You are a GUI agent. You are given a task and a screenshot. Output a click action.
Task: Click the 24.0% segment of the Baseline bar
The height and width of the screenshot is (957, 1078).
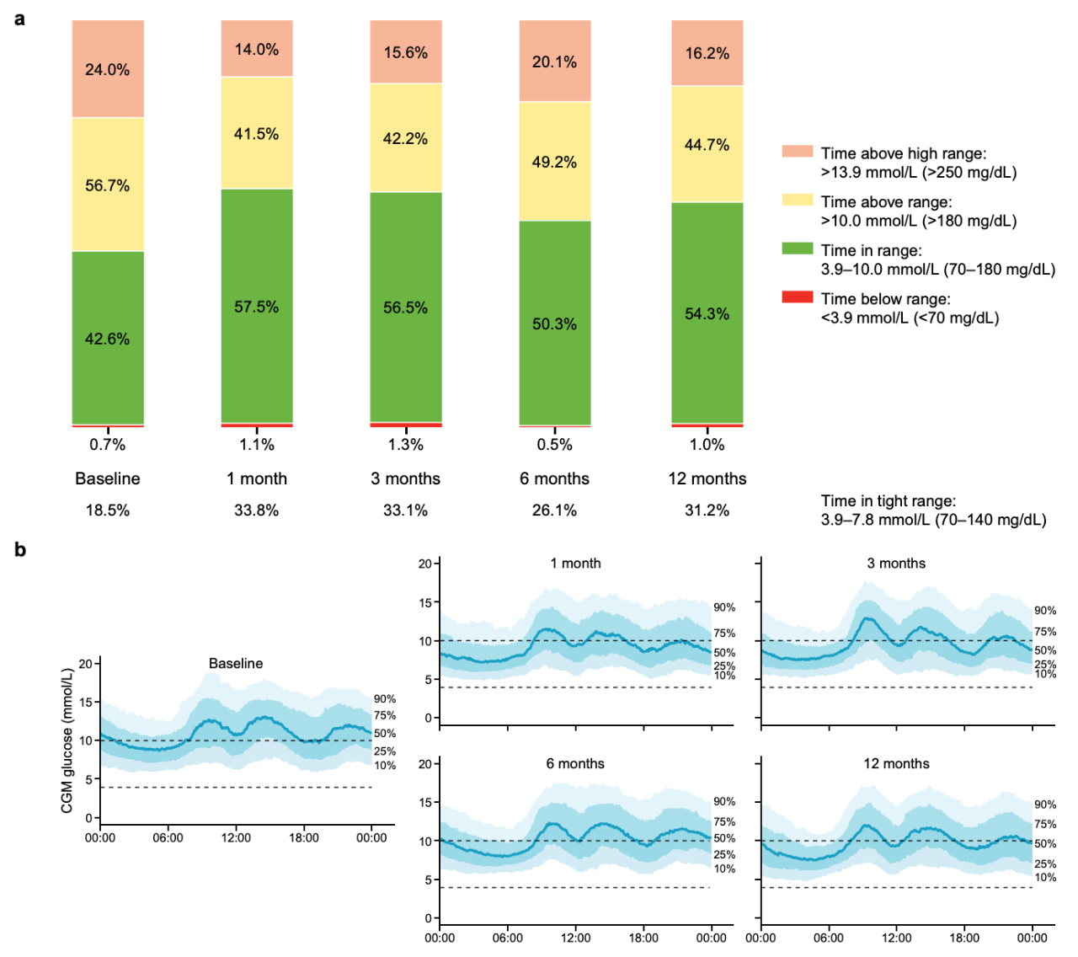pyautogui.click(x=108, y=69)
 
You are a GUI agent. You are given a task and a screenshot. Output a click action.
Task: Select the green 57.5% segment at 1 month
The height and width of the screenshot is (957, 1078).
pyautogui.click(x=257, y=307)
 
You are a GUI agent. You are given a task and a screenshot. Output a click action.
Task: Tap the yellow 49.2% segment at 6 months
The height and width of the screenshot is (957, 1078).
pyautogui.click(x=554, y=162)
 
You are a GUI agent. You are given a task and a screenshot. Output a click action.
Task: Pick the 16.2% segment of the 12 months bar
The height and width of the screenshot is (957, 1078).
pyautogui.click(x=707, y=53)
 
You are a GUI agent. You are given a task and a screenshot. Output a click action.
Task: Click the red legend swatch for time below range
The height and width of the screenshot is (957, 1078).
pyautogui.click(x=797, y=297)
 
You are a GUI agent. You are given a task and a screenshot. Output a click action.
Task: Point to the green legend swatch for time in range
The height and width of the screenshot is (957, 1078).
pyautogui.click(x=797, y=249)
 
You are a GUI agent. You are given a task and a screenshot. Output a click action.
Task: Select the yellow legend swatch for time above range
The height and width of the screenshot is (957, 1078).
pyautogui.click(x=797, y=200)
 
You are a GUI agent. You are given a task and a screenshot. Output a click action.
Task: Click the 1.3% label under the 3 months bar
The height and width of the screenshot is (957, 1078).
pyautogui.click(x=406, y=445)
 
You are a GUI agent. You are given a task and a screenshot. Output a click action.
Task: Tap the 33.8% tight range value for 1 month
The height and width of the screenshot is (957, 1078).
pyautogui.click(x=257, y=511)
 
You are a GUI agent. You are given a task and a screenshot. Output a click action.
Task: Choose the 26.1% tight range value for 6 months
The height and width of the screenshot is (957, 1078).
pyautogui.click(x=554, y=511)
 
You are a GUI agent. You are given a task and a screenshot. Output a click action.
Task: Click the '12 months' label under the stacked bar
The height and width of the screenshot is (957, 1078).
pyautogui.click(x=707, y=478)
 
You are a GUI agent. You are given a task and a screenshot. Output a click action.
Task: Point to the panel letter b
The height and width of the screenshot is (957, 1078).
pyautogui.click(x=20, y=550)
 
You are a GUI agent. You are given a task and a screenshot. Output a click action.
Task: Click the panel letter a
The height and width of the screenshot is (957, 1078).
pyautogui.click(x=19, y=18)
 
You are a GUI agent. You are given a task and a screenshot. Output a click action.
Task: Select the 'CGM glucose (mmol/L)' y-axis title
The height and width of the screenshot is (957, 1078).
pyautogui.click(x=67, y=740)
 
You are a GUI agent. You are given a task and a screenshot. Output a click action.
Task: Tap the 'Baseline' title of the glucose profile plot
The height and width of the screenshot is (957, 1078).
pyautogui.click(x=236, y=664)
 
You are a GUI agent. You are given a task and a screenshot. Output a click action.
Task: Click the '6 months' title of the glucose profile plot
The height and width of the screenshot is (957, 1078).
pyautogui.click(x=575, y=764)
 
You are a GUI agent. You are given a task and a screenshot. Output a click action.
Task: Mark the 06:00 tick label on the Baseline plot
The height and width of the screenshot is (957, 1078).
pyautogui.click(x=168, y=837)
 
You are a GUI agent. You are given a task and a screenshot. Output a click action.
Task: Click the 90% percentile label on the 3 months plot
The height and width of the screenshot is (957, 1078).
pyautogui.click(x=1045, y=611)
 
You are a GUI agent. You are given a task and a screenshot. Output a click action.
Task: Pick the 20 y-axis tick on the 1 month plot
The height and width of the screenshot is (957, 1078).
pyautogui.click(x=425, y=564)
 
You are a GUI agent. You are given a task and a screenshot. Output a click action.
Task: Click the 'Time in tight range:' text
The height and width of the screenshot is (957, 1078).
pyautogui.click(x=889, y=501)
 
